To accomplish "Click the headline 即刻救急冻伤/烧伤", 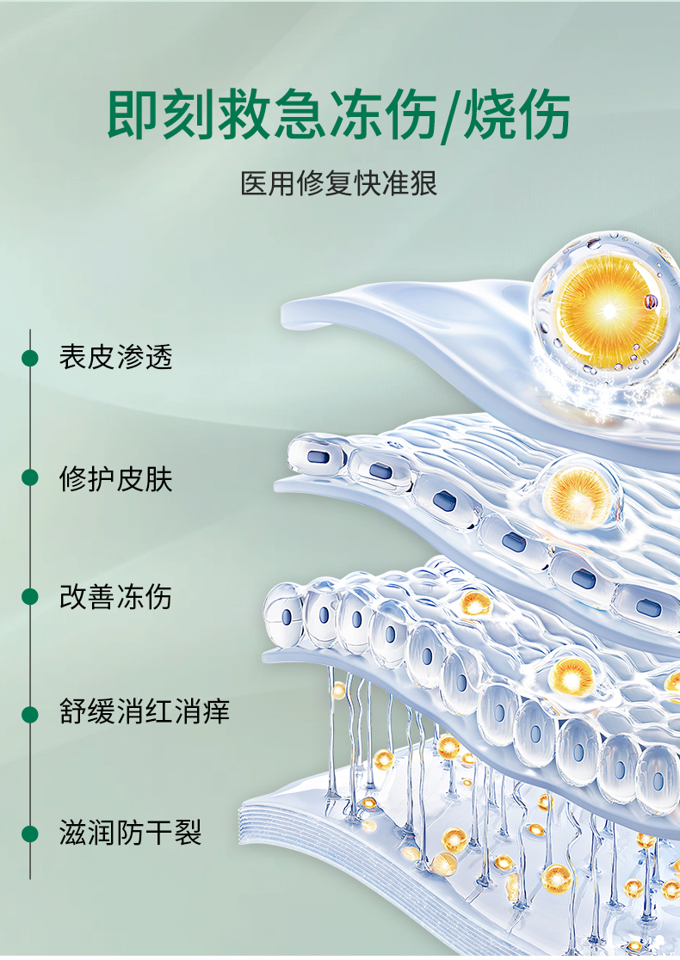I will [339, 115].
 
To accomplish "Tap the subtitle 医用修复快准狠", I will [339, 183].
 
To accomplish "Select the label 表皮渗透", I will [115, 357].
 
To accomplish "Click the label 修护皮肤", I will [115, 478].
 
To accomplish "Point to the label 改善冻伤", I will [115, 597].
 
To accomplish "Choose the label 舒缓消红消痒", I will [145, 713].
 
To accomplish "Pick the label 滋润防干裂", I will [130, 833].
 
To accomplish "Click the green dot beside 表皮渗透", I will [30, 358].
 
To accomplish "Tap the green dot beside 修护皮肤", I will [30, 478].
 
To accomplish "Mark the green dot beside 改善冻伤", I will [30, 597].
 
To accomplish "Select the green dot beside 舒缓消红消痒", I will [30, 714].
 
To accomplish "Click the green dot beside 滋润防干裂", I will [30, 833].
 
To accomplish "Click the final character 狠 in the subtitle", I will [423, 183].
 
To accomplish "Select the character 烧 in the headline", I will [491, 115].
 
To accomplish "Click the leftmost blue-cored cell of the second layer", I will [316, 457].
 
